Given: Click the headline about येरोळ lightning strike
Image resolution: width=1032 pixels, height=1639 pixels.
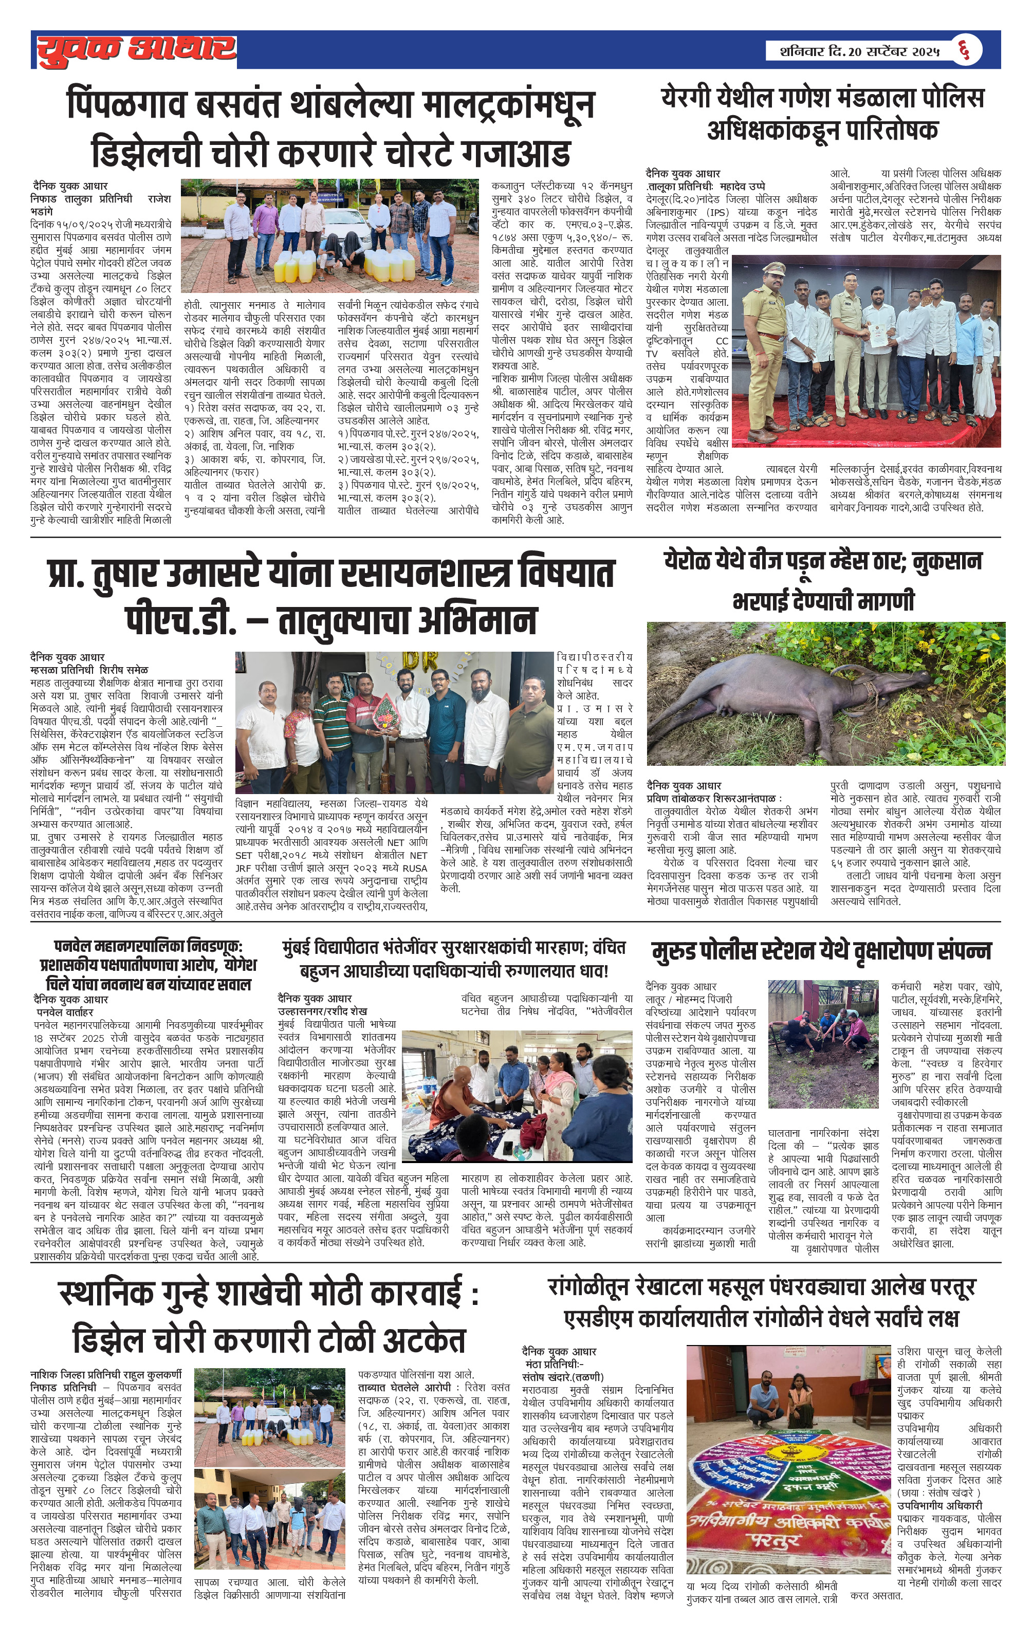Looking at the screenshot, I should (x=824, y=581).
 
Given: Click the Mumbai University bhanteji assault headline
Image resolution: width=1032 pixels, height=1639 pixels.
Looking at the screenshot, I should (x=453, y=959).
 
